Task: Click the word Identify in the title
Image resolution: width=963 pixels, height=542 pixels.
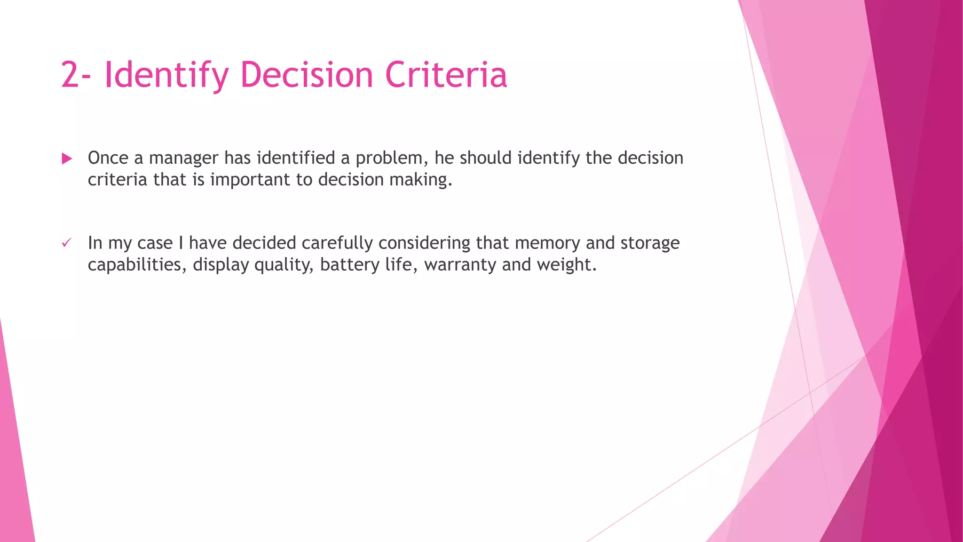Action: point(166,75)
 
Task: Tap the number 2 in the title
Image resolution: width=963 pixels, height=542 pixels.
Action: point(70,75)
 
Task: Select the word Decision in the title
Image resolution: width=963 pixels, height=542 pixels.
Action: point(307,75)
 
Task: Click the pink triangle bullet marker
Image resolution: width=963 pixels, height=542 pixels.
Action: point(67,159)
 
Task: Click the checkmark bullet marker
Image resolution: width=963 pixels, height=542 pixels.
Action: point(66,243)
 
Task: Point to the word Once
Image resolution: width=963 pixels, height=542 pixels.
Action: point(108,158)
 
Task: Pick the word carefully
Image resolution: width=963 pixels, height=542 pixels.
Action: point(339,243)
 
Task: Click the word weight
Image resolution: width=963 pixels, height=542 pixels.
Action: point(566,265)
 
